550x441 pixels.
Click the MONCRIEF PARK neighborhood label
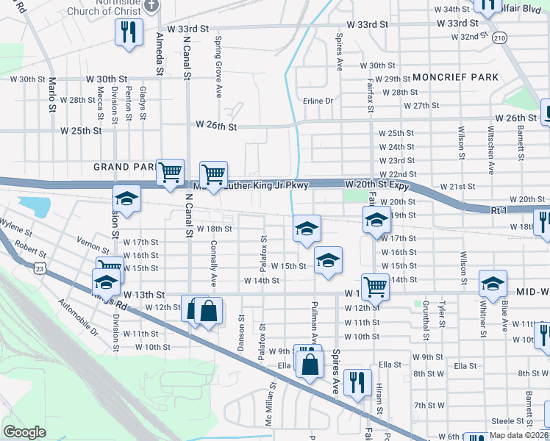(x=455, y=77)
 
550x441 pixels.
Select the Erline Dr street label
(x=318, y=101)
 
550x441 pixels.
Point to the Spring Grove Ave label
(x=218, y=67)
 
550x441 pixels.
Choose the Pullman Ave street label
(x=315, y=322)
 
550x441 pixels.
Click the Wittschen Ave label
(x=491, y=152)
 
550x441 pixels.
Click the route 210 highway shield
(x=500, y=37)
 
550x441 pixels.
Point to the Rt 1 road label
(x=500, y=211)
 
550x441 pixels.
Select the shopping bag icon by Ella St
(x=310, y=363)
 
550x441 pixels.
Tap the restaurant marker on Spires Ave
(x=357, y=381)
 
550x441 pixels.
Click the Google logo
(x=25, y=431)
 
